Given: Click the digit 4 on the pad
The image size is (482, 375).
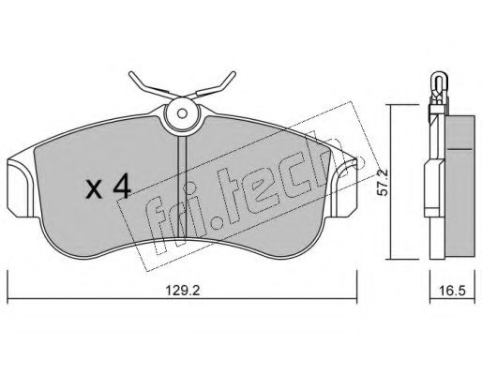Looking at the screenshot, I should pos(120,187).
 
